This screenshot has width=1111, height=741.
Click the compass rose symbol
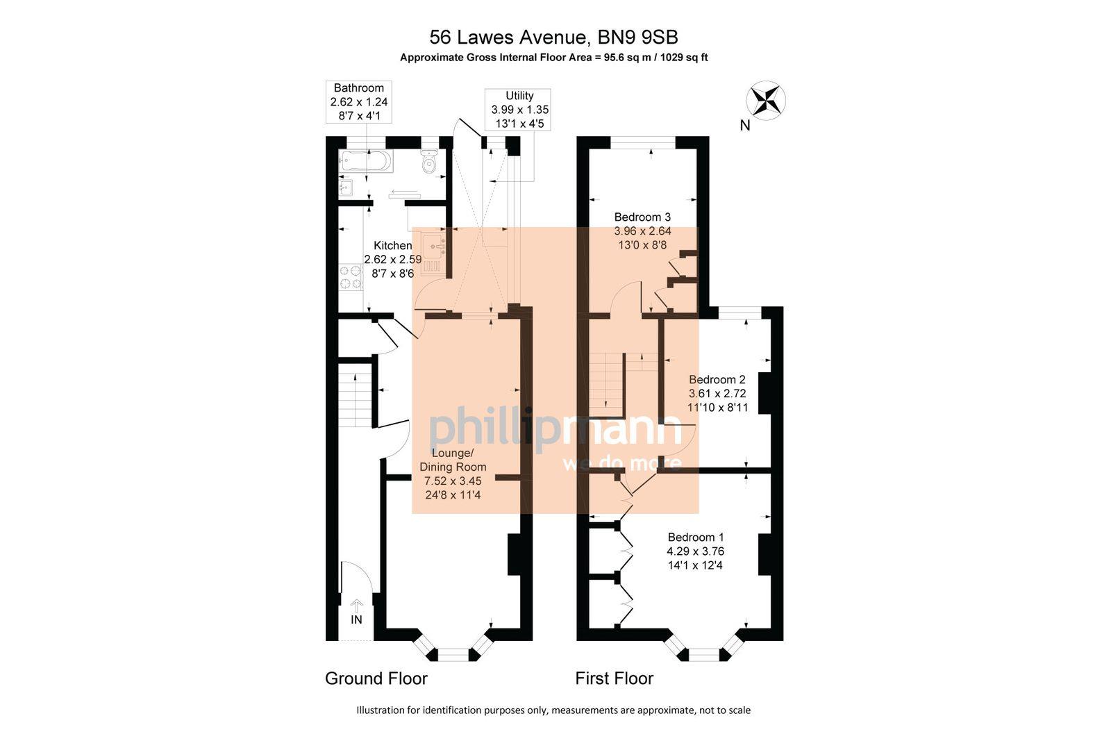tap(765, 100)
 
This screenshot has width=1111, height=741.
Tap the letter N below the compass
tap(745, 126)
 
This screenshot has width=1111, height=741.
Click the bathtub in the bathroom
tap(366, 163)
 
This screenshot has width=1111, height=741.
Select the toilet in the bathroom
tap(429, 164)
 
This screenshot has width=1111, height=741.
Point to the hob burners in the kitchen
tap(350, 276)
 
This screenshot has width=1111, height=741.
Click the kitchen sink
tap(435, 247)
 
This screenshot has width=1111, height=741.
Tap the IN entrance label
tap(356, 619)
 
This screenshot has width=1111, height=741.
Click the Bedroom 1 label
tap(695, 537)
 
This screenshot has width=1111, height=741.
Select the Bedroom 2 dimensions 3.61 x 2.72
tap(717, 393)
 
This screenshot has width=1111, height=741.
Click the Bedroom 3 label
tap(642, 217)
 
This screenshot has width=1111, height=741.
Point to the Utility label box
tap(519, 110)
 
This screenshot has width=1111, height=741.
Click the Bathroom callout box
tap(359, 101)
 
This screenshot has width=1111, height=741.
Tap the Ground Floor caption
tap(376, 678)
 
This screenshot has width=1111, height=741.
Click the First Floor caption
tap(614, 678)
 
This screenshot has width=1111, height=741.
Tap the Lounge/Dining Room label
tap(453, 460)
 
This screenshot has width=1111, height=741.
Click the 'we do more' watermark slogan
tap(621, 463)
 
